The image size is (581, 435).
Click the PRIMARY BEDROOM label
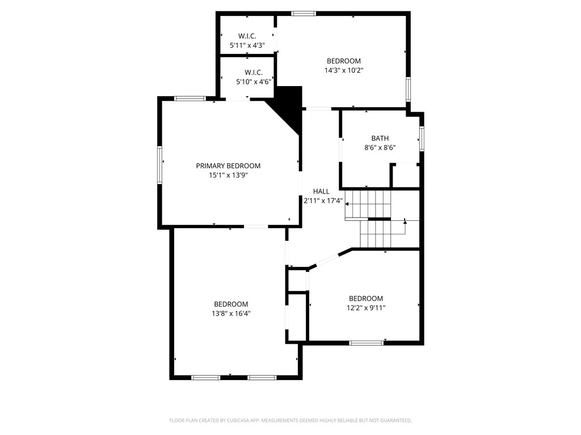coord(228,166)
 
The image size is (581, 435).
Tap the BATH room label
coord(380,138)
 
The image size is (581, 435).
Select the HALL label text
coord(321,191)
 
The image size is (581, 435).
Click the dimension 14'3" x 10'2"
coord(344,70)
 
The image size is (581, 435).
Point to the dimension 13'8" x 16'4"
coord(231,314)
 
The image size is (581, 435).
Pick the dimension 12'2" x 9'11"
coord(366,308)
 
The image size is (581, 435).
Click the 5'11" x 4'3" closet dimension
coord(247,45)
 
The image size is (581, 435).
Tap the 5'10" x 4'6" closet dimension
coord(254,82)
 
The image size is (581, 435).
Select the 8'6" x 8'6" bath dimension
coord(380,148)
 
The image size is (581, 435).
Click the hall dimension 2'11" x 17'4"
coord(323,201)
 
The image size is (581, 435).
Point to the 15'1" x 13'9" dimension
coord(228,176)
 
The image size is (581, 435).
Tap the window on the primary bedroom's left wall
coord(159,165)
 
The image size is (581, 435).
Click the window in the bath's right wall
coord(422,139)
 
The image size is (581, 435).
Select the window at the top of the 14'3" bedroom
coord(304,14)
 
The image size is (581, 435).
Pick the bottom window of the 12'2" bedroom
coord(367,343)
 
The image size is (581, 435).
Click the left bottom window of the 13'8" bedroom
coord(205,378)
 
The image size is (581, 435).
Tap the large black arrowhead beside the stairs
coord(347,204)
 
